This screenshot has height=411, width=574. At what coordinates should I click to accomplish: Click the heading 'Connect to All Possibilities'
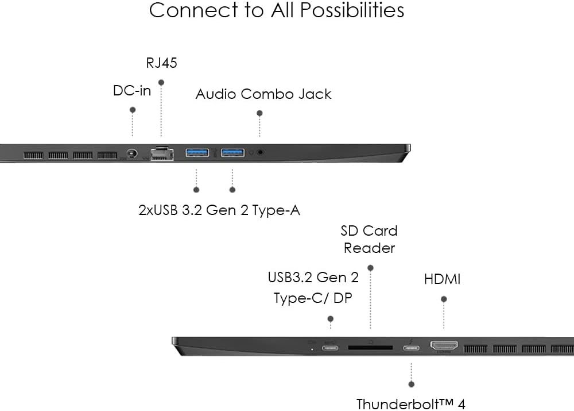click(x=276, y=10)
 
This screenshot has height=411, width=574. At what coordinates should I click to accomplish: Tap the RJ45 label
click(x=161, y=63)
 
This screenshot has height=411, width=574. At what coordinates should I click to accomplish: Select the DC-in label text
click(x=132, y=90)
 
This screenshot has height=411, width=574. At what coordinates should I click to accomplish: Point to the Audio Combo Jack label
click(x=263, y=94)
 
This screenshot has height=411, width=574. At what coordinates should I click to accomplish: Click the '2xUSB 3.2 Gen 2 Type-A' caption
click(x=219, y=210)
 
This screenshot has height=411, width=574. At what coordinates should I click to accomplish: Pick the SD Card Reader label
click(x=369, y=239)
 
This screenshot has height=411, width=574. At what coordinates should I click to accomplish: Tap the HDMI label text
click(x=442, y=279)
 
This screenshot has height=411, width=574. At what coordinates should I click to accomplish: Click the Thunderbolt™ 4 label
click(x=410, y=404)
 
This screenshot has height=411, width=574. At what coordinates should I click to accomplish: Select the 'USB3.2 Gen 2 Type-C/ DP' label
click(x=313, y=287)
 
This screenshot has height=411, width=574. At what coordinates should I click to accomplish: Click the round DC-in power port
click(x=133, y=154)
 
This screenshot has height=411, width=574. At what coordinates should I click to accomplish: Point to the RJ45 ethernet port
click(x=161, y=153)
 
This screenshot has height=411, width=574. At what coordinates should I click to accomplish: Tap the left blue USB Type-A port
click(x=196, y=153)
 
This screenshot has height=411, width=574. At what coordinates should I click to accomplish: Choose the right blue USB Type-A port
click(x=232, y=153)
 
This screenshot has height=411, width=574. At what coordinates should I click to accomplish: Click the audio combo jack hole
click(x=261, y=153)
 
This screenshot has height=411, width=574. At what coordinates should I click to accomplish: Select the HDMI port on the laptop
click(x=444, y=347)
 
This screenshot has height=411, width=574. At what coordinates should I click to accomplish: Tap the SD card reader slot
click(x=370, y=348)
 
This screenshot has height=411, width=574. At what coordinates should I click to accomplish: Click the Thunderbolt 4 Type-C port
click(x=411, y=347)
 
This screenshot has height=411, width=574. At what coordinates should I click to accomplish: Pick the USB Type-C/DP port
click(x=330, y=347)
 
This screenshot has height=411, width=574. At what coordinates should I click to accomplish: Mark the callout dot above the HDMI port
click(x=444, y=299)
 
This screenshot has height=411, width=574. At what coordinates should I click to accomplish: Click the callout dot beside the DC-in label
click(x=133, y=110)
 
